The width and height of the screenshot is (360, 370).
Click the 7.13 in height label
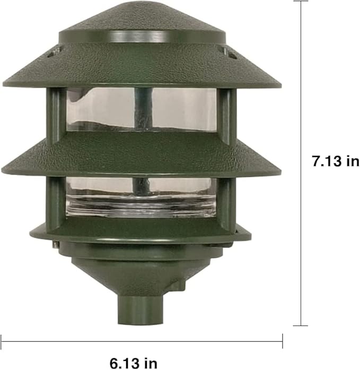pyautogui.click(x=335, y=161)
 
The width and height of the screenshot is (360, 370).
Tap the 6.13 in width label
pyautogui.click(x=134, y=363)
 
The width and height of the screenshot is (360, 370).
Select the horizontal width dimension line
pyautogui.click(x=142, y=341)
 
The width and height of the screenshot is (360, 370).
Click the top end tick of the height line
pyautogui.click(x=301, y=1)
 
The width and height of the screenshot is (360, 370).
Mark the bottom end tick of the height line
pyautogui.click(x=301, y=325)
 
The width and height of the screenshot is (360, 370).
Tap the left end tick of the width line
pyautogui.click(x=1, y=341)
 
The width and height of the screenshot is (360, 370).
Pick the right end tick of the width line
pyautogui.click(x=282, y=341)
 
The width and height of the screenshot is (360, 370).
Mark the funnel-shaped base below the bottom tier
pyautogui.click(x=141, y=273)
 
